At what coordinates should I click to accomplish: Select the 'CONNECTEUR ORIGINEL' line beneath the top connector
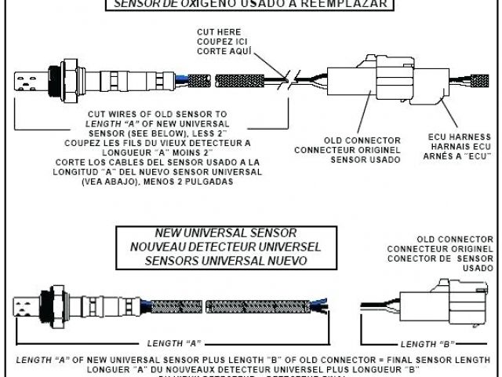click(x=345, y=149)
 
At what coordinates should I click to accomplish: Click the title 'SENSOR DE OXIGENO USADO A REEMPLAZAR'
click(x=251, y=3)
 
